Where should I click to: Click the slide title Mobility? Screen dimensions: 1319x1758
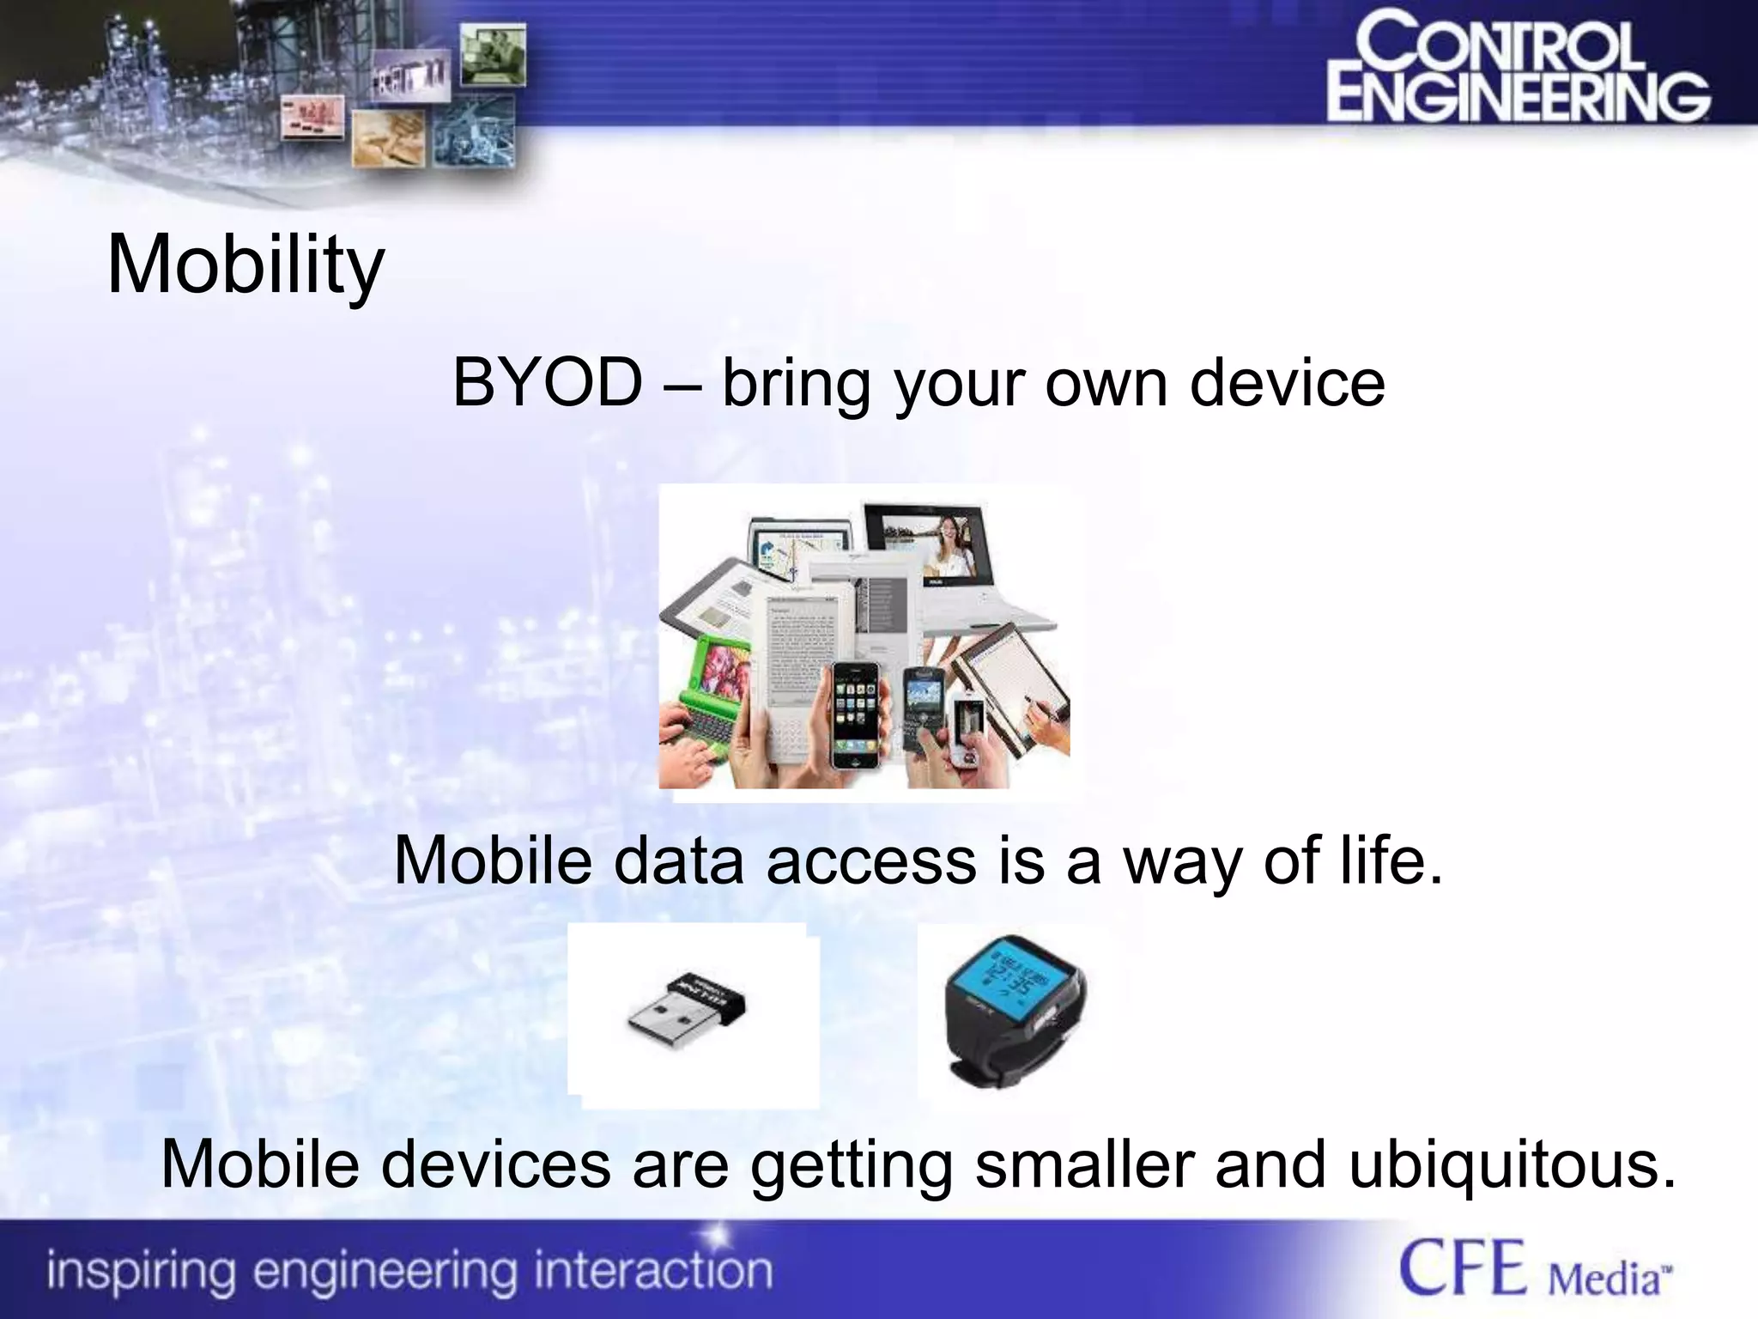246,264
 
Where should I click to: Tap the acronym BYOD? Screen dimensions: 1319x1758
548,382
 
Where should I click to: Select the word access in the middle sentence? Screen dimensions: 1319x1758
870,860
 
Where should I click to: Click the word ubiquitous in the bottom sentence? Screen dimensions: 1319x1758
1511,1164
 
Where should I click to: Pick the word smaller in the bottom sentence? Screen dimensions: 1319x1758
1085,1164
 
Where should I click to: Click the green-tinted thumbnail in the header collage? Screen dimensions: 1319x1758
493,55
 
